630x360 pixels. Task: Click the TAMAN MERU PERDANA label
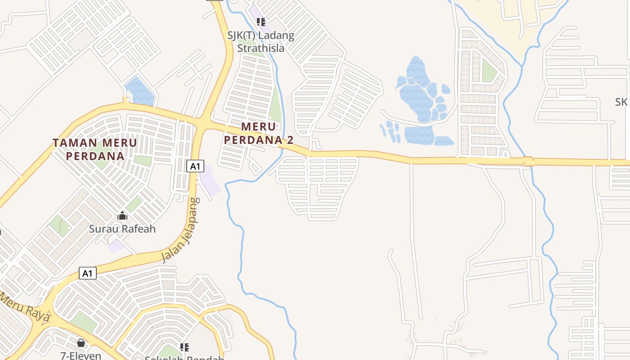[95, 149]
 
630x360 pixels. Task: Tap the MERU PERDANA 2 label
[259, 133]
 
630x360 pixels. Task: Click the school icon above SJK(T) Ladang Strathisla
[261, 22]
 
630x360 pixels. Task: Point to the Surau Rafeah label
[122, 229]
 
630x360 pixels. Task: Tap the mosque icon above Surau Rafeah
[122, 216]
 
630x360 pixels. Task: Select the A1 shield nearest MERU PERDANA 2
[194, 166]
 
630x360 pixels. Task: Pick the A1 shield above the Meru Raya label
[88, 273]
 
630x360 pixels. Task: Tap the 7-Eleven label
[81, 355]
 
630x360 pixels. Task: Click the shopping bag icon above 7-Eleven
[81, 343]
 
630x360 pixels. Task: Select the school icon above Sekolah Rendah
[184, 347]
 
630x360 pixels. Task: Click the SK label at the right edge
[621, 102]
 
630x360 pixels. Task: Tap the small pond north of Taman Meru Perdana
[139, 90]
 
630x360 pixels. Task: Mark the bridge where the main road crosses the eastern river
[528, 161]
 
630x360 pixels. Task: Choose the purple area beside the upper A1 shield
[210, 180]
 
